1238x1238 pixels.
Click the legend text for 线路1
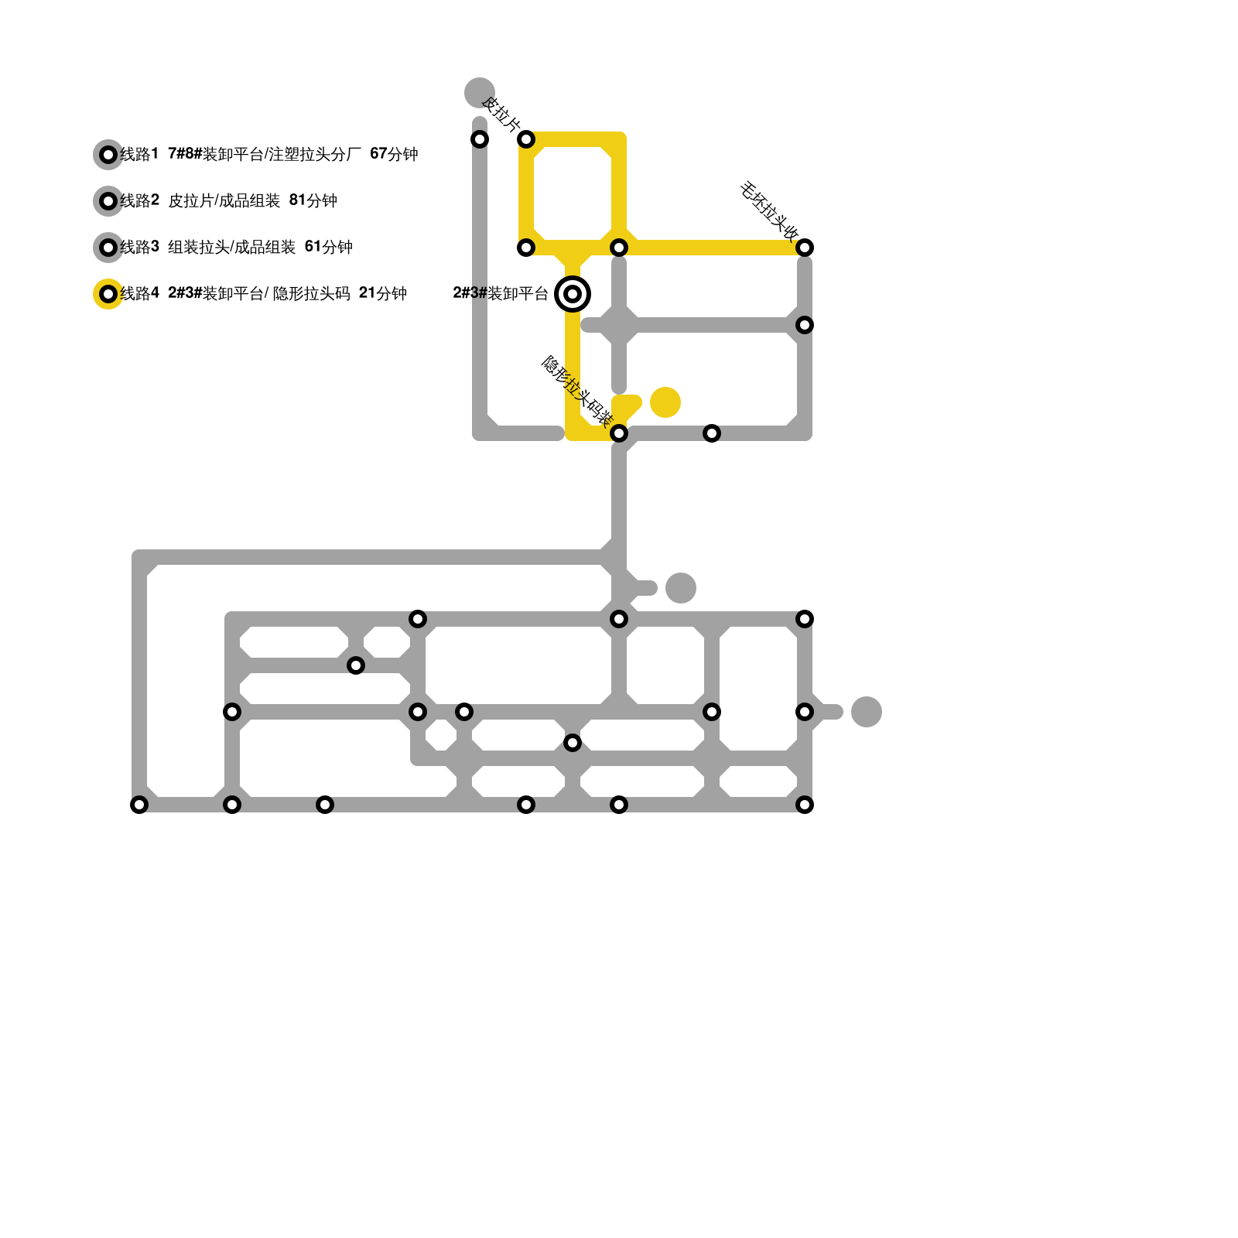tap(268, 154)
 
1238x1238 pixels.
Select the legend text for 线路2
tap(228, 200)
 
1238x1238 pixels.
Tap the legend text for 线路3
tap(236, 247)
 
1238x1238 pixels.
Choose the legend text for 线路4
tap(263, 293)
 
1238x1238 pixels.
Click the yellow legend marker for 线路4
tap(108, 294)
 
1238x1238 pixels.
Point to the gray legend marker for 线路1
tap(108, 155)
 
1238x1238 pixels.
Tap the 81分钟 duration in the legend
tap(313, 200)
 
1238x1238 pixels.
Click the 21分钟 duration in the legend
tap(382, 293)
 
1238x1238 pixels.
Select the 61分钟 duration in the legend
tap(328, 247)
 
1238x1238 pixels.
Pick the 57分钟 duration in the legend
tap(394, 154)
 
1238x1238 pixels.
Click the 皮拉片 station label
tap(501, 115)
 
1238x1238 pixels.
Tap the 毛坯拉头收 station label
tap(769, 210)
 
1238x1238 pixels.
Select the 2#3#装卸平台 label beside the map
tap(500, 293)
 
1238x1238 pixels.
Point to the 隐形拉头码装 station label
tap(576, 391)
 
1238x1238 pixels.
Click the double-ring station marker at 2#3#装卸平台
tap(573, 294)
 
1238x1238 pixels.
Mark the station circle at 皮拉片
tap(526, 139)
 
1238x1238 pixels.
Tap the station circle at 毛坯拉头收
tap(805, 248)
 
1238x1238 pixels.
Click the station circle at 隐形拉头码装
tap(619, 433)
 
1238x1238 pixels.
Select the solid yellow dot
tap(665, 402)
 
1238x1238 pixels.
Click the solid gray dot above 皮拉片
tap(480, 93)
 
